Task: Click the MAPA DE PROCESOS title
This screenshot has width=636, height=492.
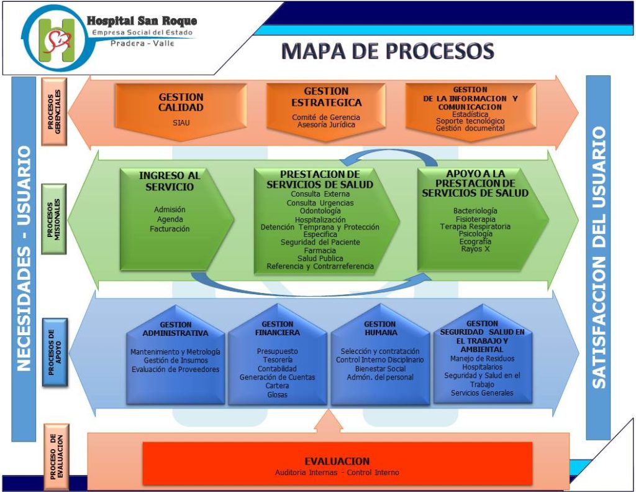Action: point(388,51)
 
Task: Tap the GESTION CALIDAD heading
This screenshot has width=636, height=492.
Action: point(181,103)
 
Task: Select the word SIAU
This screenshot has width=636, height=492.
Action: point(181,123)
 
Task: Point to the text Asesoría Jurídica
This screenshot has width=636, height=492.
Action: point(326,125)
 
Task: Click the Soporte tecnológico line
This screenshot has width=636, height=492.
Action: point(470,121)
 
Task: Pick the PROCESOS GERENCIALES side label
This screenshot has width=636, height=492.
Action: point(54,111)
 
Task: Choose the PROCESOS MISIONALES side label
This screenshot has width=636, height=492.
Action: point(54,220)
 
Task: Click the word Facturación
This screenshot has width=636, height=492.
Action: point(170,229)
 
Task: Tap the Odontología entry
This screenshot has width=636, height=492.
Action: point(320,211)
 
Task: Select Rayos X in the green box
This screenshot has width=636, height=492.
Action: point(475,249)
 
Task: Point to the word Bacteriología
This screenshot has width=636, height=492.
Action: point(475,211)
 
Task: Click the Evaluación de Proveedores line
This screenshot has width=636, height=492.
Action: point(175,369)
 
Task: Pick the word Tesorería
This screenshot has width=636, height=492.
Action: point(278,360)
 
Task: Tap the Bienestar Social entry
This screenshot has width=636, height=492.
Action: point(380,369)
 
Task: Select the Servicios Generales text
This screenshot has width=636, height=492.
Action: point(482,393)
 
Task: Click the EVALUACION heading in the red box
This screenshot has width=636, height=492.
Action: point(337,462)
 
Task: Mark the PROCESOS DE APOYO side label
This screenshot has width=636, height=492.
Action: point(55,352)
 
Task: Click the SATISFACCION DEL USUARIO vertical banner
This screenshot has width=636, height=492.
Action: point(599,257)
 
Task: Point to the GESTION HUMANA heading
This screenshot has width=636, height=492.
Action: point(380,328)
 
